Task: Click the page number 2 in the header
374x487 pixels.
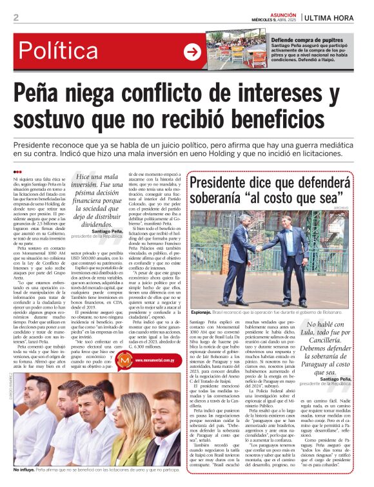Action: tap(15, 17)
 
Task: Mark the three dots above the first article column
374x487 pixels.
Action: tap(17, 171)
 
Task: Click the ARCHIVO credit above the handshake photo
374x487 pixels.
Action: tap(360, 207)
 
